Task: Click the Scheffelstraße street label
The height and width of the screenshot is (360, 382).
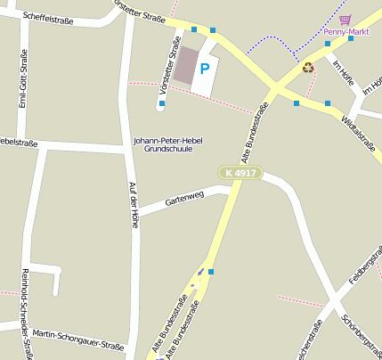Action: (x=50, y=16)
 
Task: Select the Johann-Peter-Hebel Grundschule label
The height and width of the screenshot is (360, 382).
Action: (x=168, y=145)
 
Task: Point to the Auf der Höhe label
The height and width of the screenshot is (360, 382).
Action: (x=134, y=205)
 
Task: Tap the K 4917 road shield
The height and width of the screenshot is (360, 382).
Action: (x=240, y=172)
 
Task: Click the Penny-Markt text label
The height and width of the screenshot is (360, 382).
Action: (x=346, y=31)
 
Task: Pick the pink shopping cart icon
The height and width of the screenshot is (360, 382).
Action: (x=345, y=19)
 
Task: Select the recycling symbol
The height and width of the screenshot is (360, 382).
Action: (x=308, y=67)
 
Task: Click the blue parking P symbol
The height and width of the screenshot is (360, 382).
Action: (x=204, y=68)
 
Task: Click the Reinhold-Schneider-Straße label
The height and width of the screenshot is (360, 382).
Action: (x=26, y=312)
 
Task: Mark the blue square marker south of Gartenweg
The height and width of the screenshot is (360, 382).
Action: (x=210, y=271)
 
